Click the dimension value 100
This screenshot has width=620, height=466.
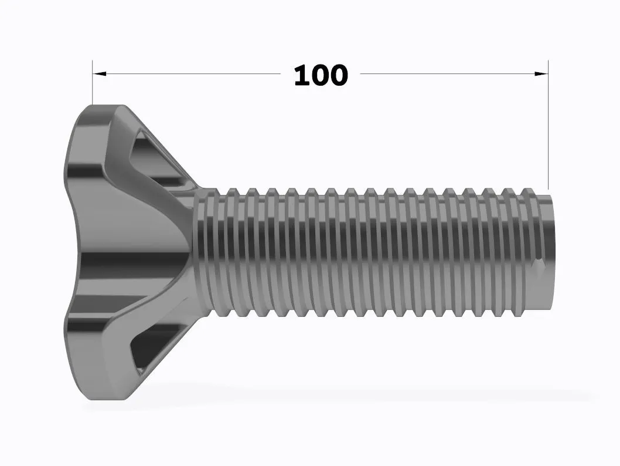(x=321, y=75)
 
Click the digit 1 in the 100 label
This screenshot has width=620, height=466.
(x=301, y=75)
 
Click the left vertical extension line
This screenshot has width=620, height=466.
(x=93, y=88)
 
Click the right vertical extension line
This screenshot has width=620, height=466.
(x=548, y=129)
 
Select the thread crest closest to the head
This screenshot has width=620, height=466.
(x=214, y=252)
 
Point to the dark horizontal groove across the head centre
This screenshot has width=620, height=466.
(x=129, y=258)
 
